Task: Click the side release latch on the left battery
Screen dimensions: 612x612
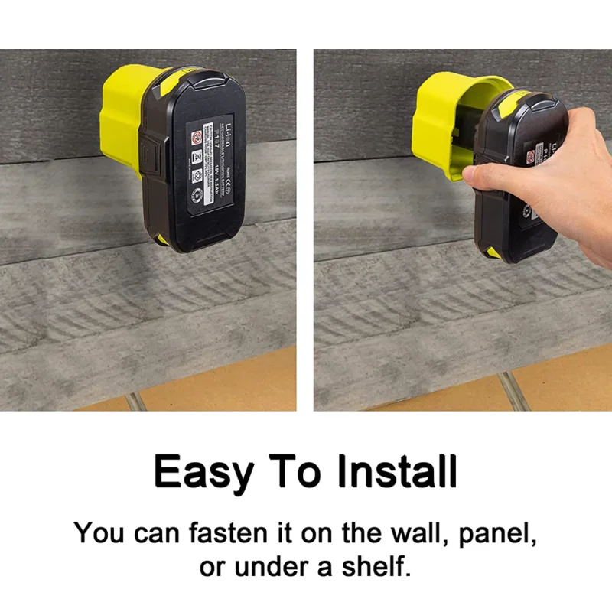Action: pyautogui.click(x=151, y=157)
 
